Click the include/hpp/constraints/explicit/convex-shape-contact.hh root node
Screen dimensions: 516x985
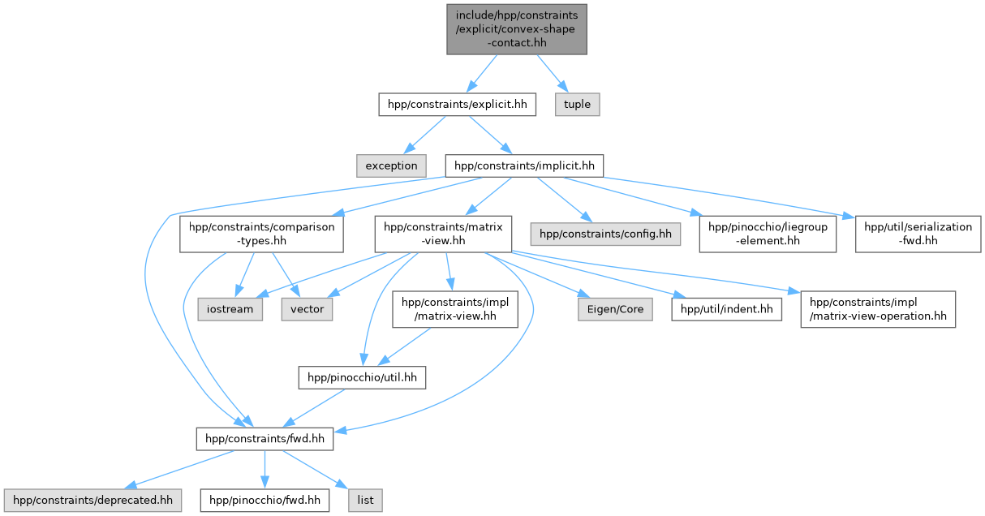tap(516, 28)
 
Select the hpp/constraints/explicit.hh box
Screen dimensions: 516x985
tap(458, 104)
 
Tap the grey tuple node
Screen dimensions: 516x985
tap(578, 104)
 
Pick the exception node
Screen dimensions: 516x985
tap(391, 166)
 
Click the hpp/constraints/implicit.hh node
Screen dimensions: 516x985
tap(524, 166)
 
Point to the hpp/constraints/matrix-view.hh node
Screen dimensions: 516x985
tap(443, 234)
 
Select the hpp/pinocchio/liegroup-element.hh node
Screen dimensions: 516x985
tap(768, 234)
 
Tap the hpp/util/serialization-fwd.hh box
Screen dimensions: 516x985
tap(918, 234)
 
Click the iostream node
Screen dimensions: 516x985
tap(229, 309)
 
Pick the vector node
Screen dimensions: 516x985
tap(307, 309)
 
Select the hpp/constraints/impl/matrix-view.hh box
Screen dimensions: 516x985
tap(455, 309)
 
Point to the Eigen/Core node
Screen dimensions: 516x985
tap(603, 309)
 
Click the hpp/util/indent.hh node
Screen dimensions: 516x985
tap(726, 309)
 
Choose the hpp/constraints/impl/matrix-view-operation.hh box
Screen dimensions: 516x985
tap(877, 309)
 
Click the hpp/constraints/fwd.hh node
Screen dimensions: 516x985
tap(265, 439)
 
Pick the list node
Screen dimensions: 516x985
tap(366, 500)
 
